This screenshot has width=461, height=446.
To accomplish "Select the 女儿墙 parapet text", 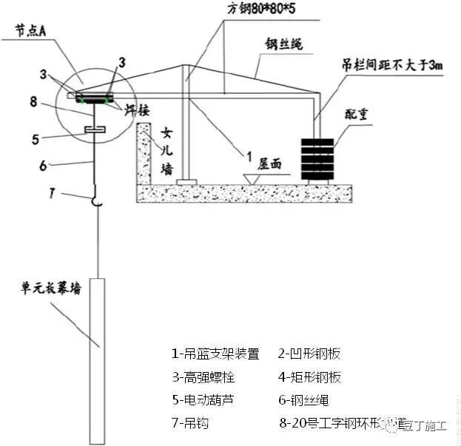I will point(166,152).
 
